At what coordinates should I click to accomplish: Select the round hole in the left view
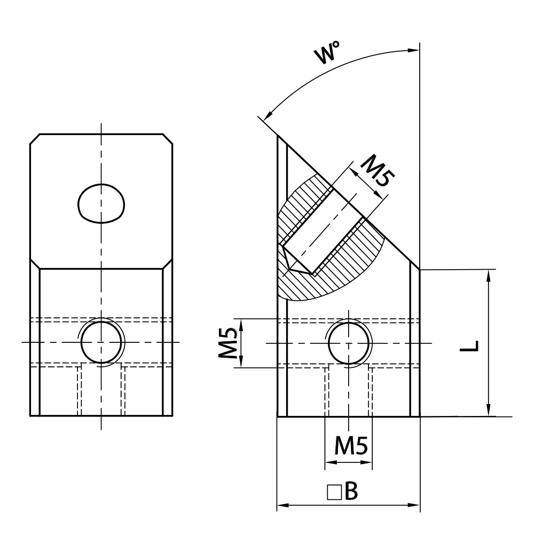tap(101, 342)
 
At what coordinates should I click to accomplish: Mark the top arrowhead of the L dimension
tap(489, 274)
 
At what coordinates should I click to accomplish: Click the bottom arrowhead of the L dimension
tap(489, 412)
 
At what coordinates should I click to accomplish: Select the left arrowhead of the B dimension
tap(281, 505)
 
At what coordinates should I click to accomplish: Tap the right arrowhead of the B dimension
tap(415, 505)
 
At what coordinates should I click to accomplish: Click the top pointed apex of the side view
tap(278, 136)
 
